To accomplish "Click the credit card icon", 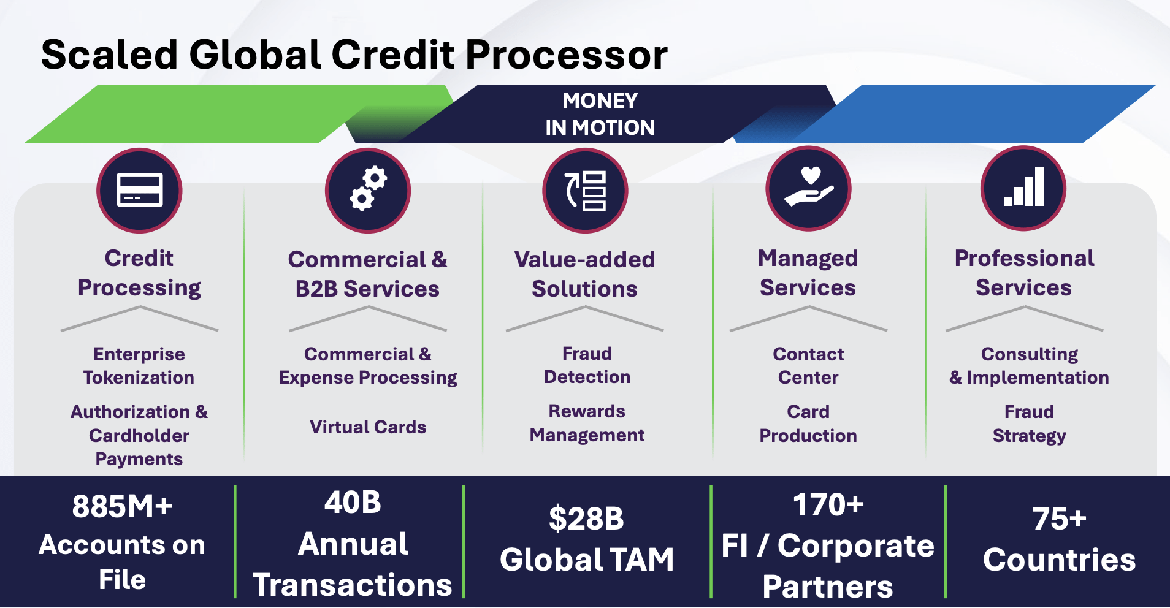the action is tap(139, 191).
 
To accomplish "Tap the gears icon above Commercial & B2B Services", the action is tap(368, 190).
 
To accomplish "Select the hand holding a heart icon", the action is tap(808, 188).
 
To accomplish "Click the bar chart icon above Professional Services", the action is tap(1023, 188).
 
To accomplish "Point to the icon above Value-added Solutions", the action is tap(585, 190).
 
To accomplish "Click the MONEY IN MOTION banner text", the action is tap(600, 114).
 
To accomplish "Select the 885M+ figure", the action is tap(122, 507).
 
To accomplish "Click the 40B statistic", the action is tap(353, 503).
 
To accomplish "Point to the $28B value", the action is tap(586, 519).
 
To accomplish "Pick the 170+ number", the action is tap(828, 505).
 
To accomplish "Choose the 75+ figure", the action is tap(1059, 519).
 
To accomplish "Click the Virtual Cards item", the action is tap(368, 427).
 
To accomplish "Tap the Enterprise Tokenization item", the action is tap(139, 365).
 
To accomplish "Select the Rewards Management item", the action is tap(587, 423).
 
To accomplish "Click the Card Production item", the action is tap(808, 424).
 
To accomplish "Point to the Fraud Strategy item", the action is tap(1030, 424).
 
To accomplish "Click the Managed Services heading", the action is tap(808, 273).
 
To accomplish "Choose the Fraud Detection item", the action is tap(587, 365).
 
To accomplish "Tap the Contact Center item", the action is tap(808, 365).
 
